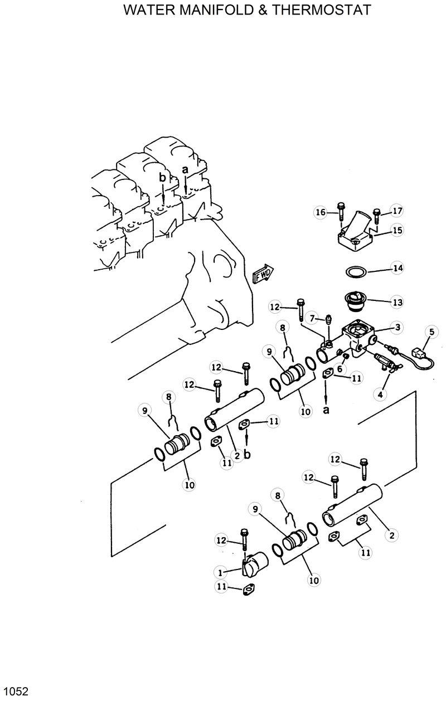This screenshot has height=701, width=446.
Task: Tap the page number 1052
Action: (x=15, y=692)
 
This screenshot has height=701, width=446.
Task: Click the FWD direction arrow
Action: (x=262, y=274)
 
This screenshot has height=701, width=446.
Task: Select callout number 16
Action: (x=320, y=212)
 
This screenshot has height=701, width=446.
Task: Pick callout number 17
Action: (x=397, y=211)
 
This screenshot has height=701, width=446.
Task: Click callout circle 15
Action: (x=397, y=230)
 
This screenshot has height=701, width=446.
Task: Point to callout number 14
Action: (x=397, y=269)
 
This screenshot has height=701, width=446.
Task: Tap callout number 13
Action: (x=397, y=303)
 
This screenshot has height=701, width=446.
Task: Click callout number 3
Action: (x=397, y=328)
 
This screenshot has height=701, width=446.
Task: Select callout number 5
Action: (x=430, y=333)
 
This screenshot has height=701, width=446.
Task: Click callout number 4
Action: (x=380, y=394)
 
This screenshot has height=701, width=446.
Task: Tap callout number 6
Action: (x=340, y=369)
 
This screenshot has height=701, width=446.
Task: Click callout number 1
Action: (x=221, y=572)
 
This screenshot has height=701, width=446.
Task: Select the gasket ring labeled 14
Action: (x=355, y=272)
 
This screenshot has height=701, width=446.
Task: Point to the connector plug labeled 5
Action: (x=416, y=352)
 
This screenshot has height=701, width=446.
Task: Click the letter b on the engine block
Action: (x=163, y=178)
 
